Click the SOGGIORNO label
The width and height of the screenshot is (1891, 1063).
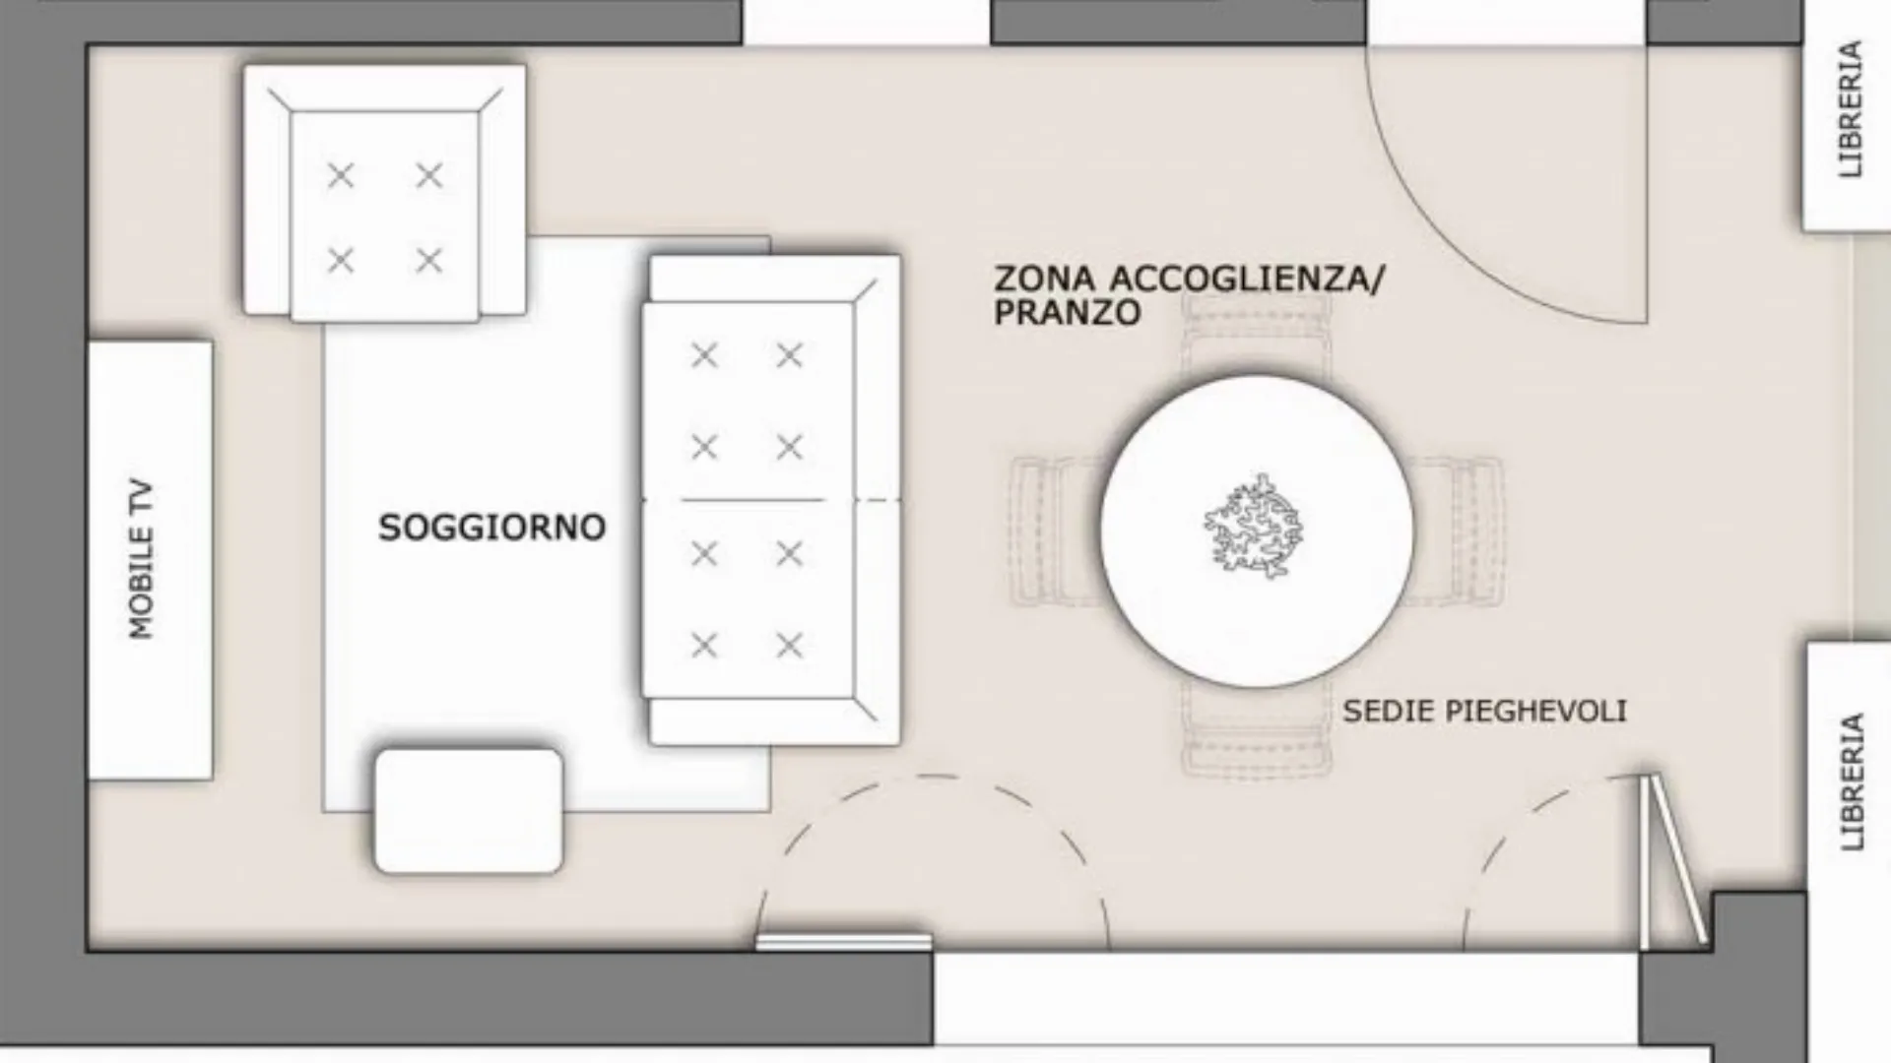[x=491, y=528]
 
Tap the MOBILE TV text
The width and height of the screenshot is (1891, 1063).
[x=142, y=559]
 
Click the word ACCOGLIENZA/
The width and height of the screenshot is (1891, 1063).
[x=1247, y=279]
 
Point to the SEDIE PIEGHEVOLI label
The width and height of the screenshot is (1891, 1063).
[x=1484, y=711]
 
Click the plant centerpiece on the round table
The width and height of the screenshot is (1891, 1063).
[x=1254, y=527]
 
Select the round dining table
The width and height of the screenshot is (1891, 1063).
[x=1257, y=531]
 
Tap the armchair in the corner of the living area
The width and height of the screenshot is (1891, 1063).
[x=385, y=193]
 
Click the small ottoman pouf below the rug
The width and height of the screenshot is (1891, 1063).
[x=469, y=811]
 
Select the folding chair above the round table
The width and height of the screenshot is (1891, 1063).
[x=1257, y=340]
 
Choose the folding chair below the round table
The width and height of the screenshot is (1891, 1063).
[x=1257, y=728]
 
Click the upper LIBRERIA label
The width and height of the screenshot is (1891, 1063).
[x=1851, y=109]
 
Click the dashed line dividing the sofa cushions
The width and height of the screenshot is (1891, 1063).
[x=771, y=501]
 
